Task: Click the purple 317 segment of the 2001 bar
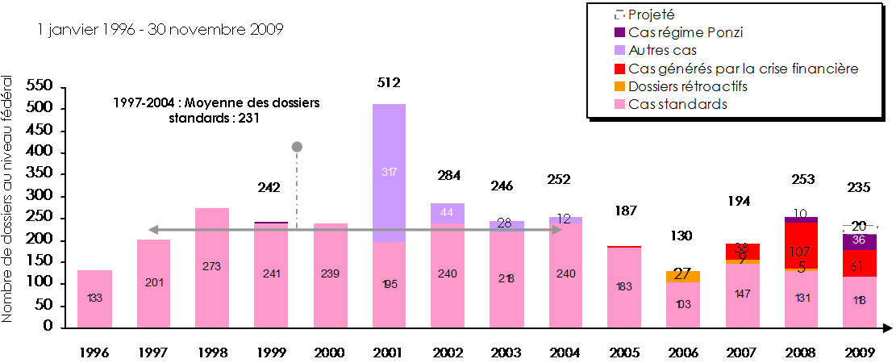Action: [x=389, y=173]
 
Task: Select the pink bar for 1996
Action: [x=94, y=298]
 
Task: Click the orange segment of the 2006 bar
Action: [x=682, y=276]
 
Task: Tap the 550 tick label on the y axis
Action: [x=40, y=86]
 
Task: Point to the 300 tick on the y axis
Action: [x=40, y=196]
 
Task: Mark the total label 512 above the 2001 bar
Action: [x=389, y=82]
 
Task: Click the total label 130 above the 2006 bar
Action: [x=682, y=236]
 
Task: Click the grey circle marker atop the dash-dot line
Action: [x=297, y=147]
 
